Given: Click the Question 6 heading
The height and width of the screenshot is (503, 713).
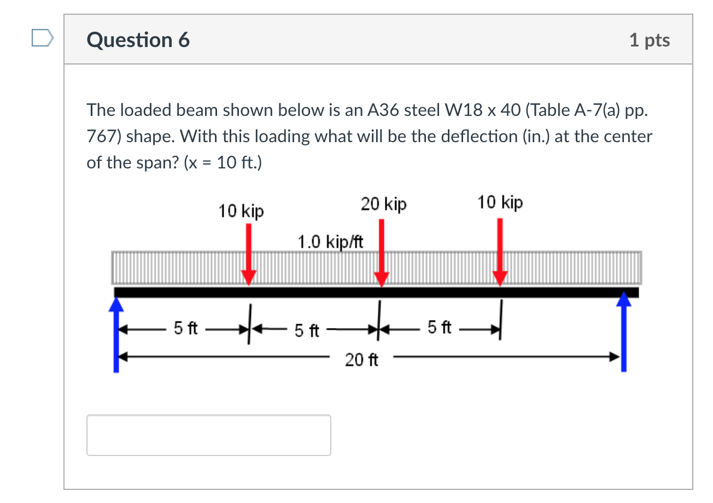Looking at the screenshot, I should tap(138, 40).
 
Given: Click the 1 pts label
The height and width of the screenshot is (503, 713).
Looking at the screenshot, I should tap(649, 40).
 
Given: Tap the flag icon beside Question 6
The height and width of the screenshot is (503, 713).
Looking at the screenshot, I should tap(43, 39).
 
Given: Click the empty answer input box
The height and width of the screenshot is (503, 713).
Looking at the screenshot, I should tap(208, 435).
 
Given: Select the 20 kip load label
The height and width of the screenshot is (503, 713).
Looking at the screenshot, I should tap(383, 204).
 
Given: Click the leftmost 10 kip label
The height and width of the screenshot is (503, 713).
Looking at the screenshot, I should tap(241, 210).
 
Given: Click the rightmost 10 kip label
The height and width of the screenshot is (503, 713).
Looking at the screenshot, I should tap(500, 202).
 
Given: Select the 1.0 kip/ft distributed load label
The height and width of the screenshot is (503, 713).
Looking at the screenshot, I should tap(330, 241).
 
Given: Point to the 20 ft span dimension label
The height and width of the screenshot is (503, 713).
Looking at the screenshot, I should tap(361, 360).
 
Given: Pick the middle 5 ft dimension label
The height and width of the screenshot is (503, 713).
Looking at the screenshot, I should tap(306, 330).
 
